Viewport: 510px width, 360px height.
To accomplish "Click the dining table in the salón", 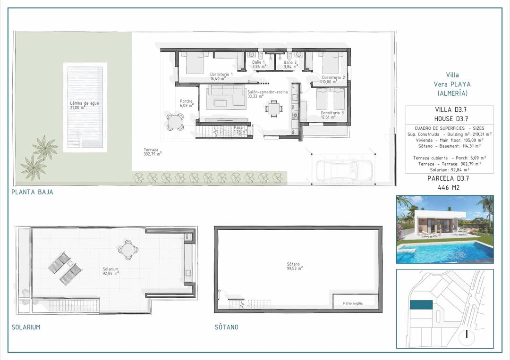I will pyautogui.click(x=274, y=108).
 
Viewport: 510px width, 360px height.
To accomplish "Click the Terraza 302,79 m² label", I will pyautogui.click(x=153, y=151).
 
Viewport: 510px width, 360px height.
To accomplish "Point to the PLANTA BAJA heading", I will pyautogui.click(x=32, y=192).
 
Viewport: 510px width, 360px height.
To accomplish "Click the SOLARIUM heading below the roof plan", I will pyautogui.click(x=26, y=327).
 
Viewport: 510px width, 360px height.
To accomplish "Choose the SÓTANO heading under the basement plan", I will pyautogui.click(x=227, y=327).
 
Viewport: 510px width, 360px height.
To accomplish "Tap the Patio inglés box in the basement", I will pyautogui.click(x=356, y=302).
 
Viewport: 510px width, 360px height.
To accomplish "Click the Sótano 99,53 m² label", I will pyautogui.click(x=294, y=266).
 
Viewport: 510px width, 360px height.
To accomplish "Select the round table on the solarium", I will pyautogui.click(x=128, y=249).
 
